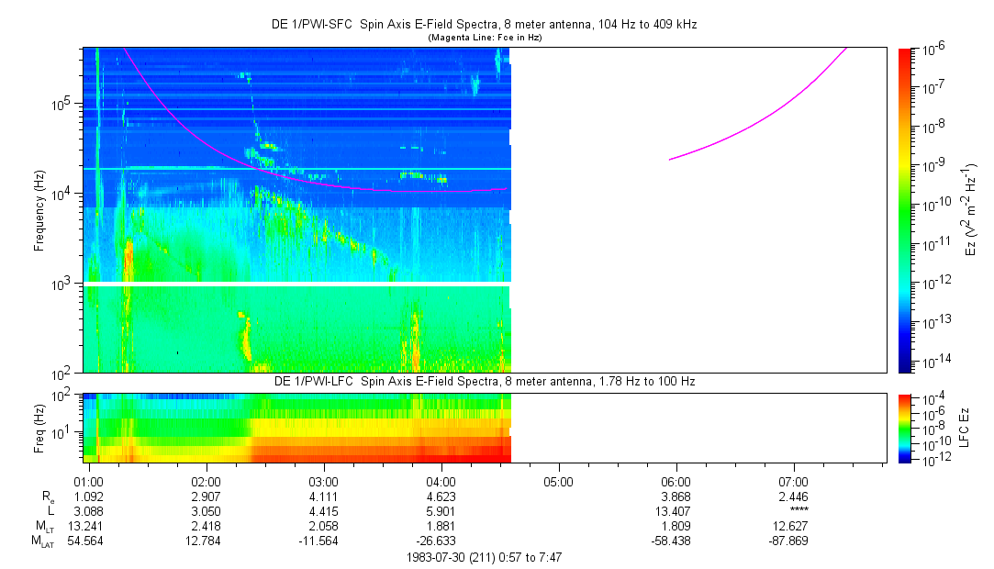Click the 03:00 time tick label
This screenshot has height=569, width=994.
[323, 481]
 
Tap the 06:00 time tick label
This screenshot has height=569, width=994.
[676, 481]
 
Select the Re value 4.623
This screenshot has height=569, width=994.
[441, 496]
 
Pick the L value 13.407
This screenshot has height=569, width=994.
[676, 510]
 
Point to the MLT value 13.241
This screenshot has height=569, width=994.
[86, 526]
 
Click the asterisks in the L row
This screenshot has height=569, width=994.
[795, 511]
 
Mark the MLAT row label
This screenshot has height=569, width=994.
[43, 541]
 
